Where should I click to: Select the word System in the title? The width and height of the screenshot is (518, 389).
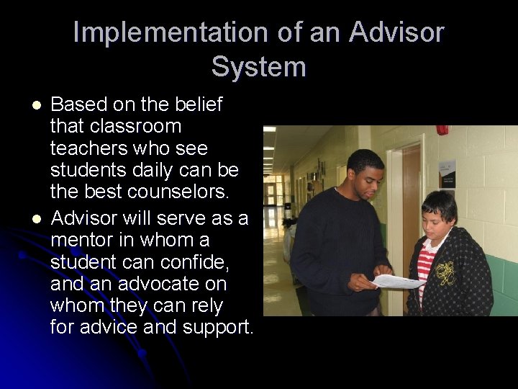click(259, 67)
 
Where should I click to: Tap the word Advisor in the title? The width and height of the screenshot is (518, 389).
click(397, 32)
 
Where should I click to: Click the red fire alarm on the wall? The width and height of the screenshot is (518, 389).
click(442, 130)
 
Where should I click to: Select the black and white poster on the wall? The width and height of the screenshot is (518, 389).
click(447, 174)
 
